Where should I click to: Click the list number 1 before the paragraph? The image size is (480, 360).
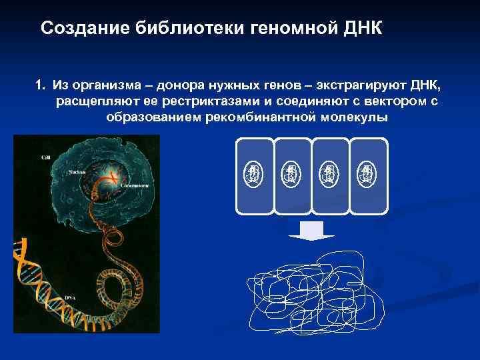click(x=40, y=86)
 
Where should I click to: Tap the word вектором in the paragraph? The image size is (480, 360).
click(x=395, y=101)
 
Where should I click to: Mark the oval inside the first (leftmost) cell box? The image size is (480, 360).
click(x=254, y=175)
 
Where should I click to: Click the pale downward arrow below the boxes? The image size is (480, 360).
click(x=311, y=231)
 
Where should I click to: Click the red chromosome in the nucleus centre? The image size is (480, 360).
click(x=114, y=177)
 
